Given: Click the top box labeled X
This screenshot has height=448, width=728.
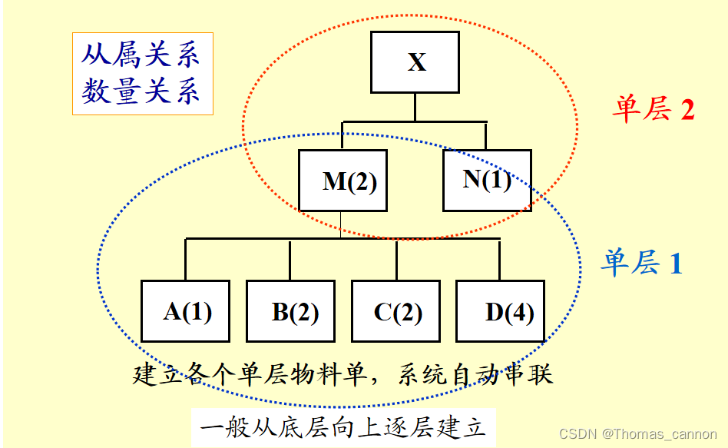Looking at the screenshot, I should pyautogui.click(x=415, y=61).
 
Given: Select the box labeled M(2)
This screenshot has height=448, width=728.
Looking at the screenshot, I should pyautogui.click(x=342, y=181).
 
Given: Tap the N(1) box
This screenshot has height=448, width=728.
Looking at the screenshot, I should pyautogui.click(x=487, y=180).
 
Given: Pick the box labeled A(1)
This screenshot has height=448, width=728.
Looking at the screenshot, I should pyautogui.click(x=185, y=311).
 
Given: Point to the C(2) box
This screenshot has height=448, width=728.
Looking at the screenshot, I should pyautogui.click(x=395, y=311).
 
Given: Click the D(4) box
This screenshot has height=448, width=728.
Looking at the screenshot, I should pyautogui.click(x=500, y=311).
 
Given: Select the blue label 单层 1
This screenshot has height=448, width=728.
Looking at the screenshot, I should pyautogui.click(x=641, y=264).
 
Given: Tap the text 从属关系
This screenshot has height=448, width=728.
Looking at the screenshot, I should pyautogui.click(x=141, y=55).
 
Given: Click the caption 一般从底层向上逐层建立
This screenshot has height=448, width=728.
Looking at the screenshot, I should pyautogui.click(x=343, y=426).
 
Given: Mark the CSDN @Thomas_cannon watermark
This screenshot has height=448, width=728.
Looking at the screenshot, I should pyautogui.click(x=638, y=434).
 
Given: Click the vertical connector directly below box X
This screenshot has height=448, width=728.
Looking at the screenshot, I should pyautogui.click(x=415, y=107).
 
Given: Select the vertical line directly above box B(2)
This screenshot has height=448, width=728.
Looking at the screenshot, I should pyautogui.click(x=290, y=260).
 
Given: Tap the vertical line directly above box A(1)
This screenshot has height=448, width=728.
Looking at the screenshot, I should pyautogui.click(x=185, y=260).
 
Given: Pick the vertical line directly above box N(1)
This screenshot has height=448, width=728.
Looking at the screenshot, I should pyautogui.click(x=486, y=135).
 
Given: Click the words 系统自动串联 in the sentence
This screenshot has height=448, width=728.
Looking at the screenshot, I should pyautogui.click(x=476, y=376).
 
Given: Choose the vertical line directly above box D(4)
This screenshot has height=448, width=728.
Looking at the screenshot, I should pyautogui.click(x=500, y=260).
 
